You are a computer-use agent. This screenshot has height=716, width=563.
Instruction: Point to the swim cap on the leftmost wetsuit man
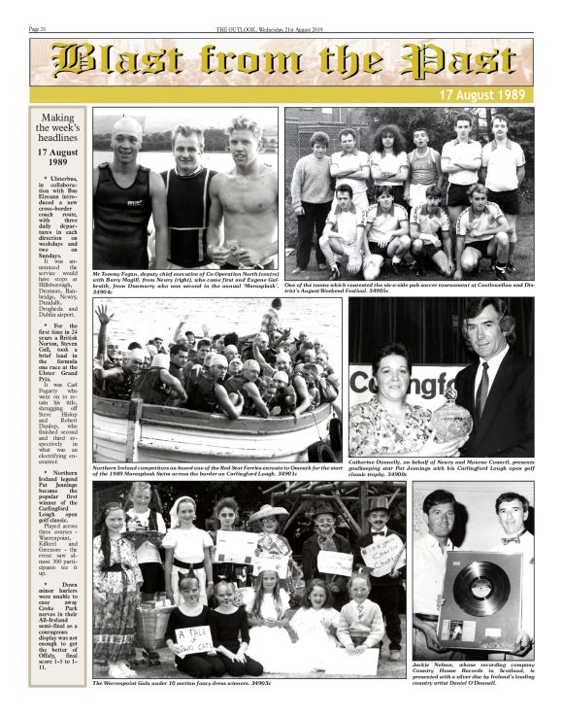[x=127, y=127]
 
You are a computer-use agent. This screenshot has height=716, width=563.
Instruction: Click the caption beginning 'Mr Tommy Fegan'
[x=184, y=280]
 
